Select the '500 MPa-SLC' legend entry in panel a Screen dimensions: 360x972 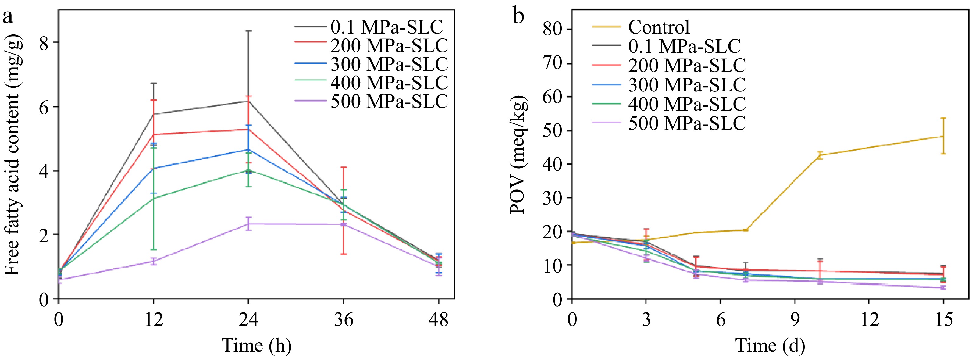coord(389,101)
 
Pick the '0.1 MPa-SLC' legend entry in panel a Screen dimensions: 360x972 coord(386,27)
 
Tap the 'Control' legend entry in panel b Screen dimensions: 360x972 coord(658,27)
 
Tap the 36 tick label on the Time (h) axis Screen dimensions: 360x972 coord(344,320)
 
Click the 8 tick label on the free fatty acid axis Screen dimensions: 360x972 coord(44,43)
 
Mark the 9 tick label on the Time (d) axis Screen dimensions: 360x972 coord(795,320)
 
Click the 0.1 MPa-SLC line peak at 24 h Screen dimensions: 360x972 coord(248,101)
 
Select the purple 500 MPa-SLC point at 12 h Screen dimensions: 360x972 coord(153,261)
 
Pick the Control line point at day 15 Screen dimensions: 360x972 coord(943,136)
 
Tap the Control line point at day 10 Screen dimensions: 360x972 coord(820,155)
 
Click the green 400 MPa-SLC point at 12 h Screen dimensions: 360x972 coord(153,198)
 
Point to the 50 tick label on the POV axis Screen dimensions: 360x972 coord(553,130)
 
